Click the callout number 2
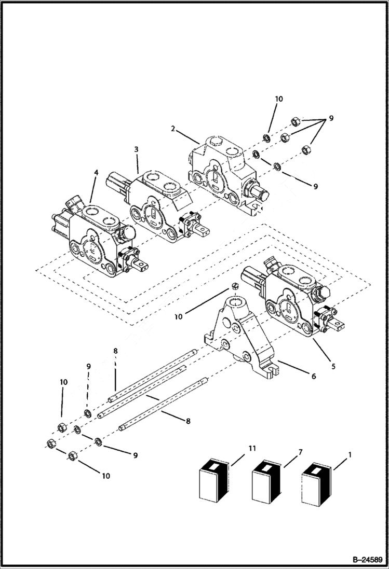click(x=171, y=128)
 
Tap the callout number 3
click(x=136, y=149)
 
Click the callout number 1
click(x=349, y=455)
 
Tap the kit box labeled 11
click(x=211, y=482)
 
